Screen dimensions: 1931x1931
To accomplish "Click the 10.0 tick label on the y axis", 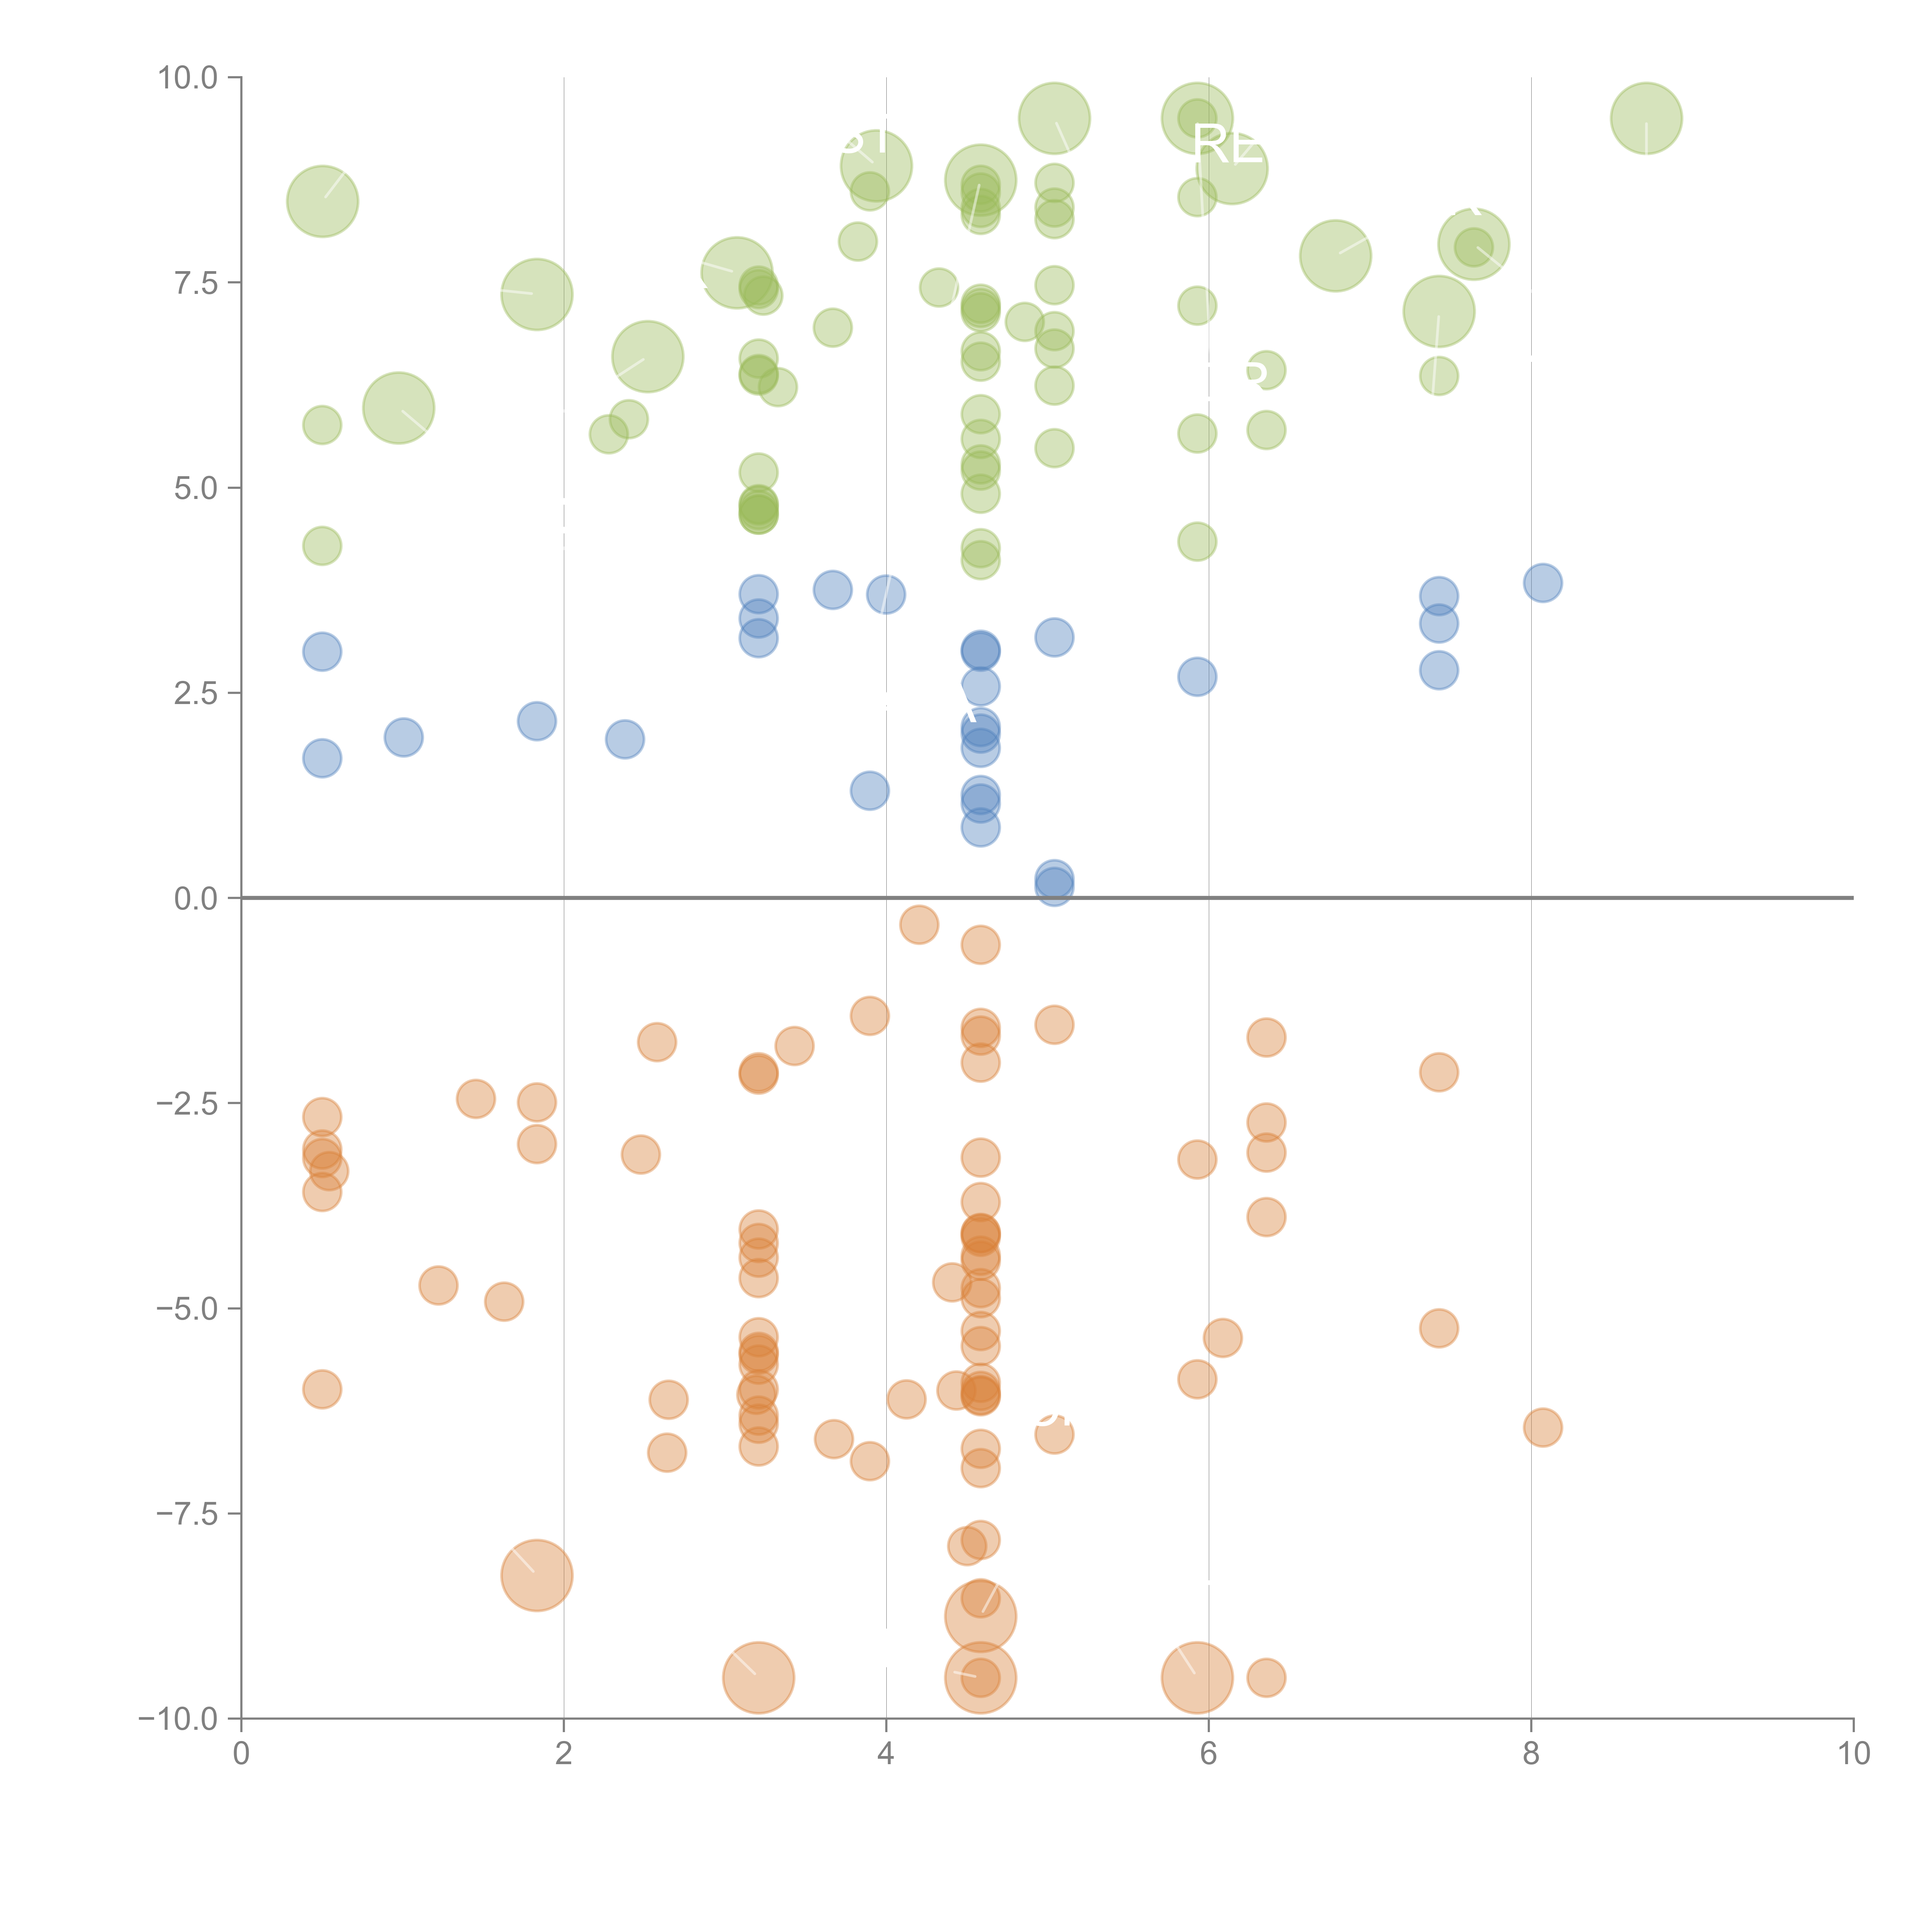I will click(x=188, y=78).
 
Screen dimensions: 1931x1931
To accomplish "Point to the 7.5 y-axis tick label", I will click(x=196, y=283).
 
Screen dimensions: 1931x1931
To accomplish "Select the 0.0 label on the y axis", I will click(x=196, y=899).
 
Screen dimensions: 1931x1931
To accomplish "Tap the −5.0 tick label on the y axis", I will click(x=188, y=1308).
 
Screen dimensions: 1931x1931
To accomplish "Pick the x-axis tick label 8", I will click(x=1531, y=1754).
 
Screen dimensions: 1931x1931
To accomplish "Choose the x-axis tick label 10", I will click(x=1853, y=1754).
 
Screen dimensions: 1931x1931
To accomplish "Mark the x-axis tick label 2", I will click(x=564, y=1754).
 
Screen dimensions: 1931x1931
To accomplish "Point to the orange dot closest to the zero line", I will click(x=918, y=925).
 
